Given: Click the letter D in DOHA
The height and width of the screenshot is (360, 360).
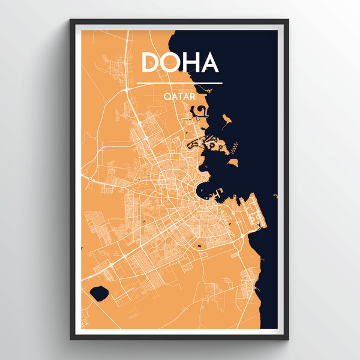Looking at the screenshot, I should [x=151, y=63].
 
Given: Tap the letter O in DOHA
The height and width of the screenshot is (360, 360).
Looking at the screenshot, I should [x=172, y=63].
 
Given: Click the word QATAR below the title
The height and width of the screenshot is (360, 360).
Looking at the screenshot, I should [x=179, y=95].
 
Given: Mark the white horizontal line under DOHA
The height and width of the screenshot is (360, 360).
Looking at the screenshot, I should [x=179, y=83].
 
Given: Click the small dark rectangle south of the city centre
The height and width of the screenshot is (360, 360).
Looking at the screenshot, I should [x=200, y=246].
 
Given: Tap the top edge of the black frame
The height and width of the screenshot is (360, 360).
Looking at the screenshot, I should [x=179, y=22].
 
